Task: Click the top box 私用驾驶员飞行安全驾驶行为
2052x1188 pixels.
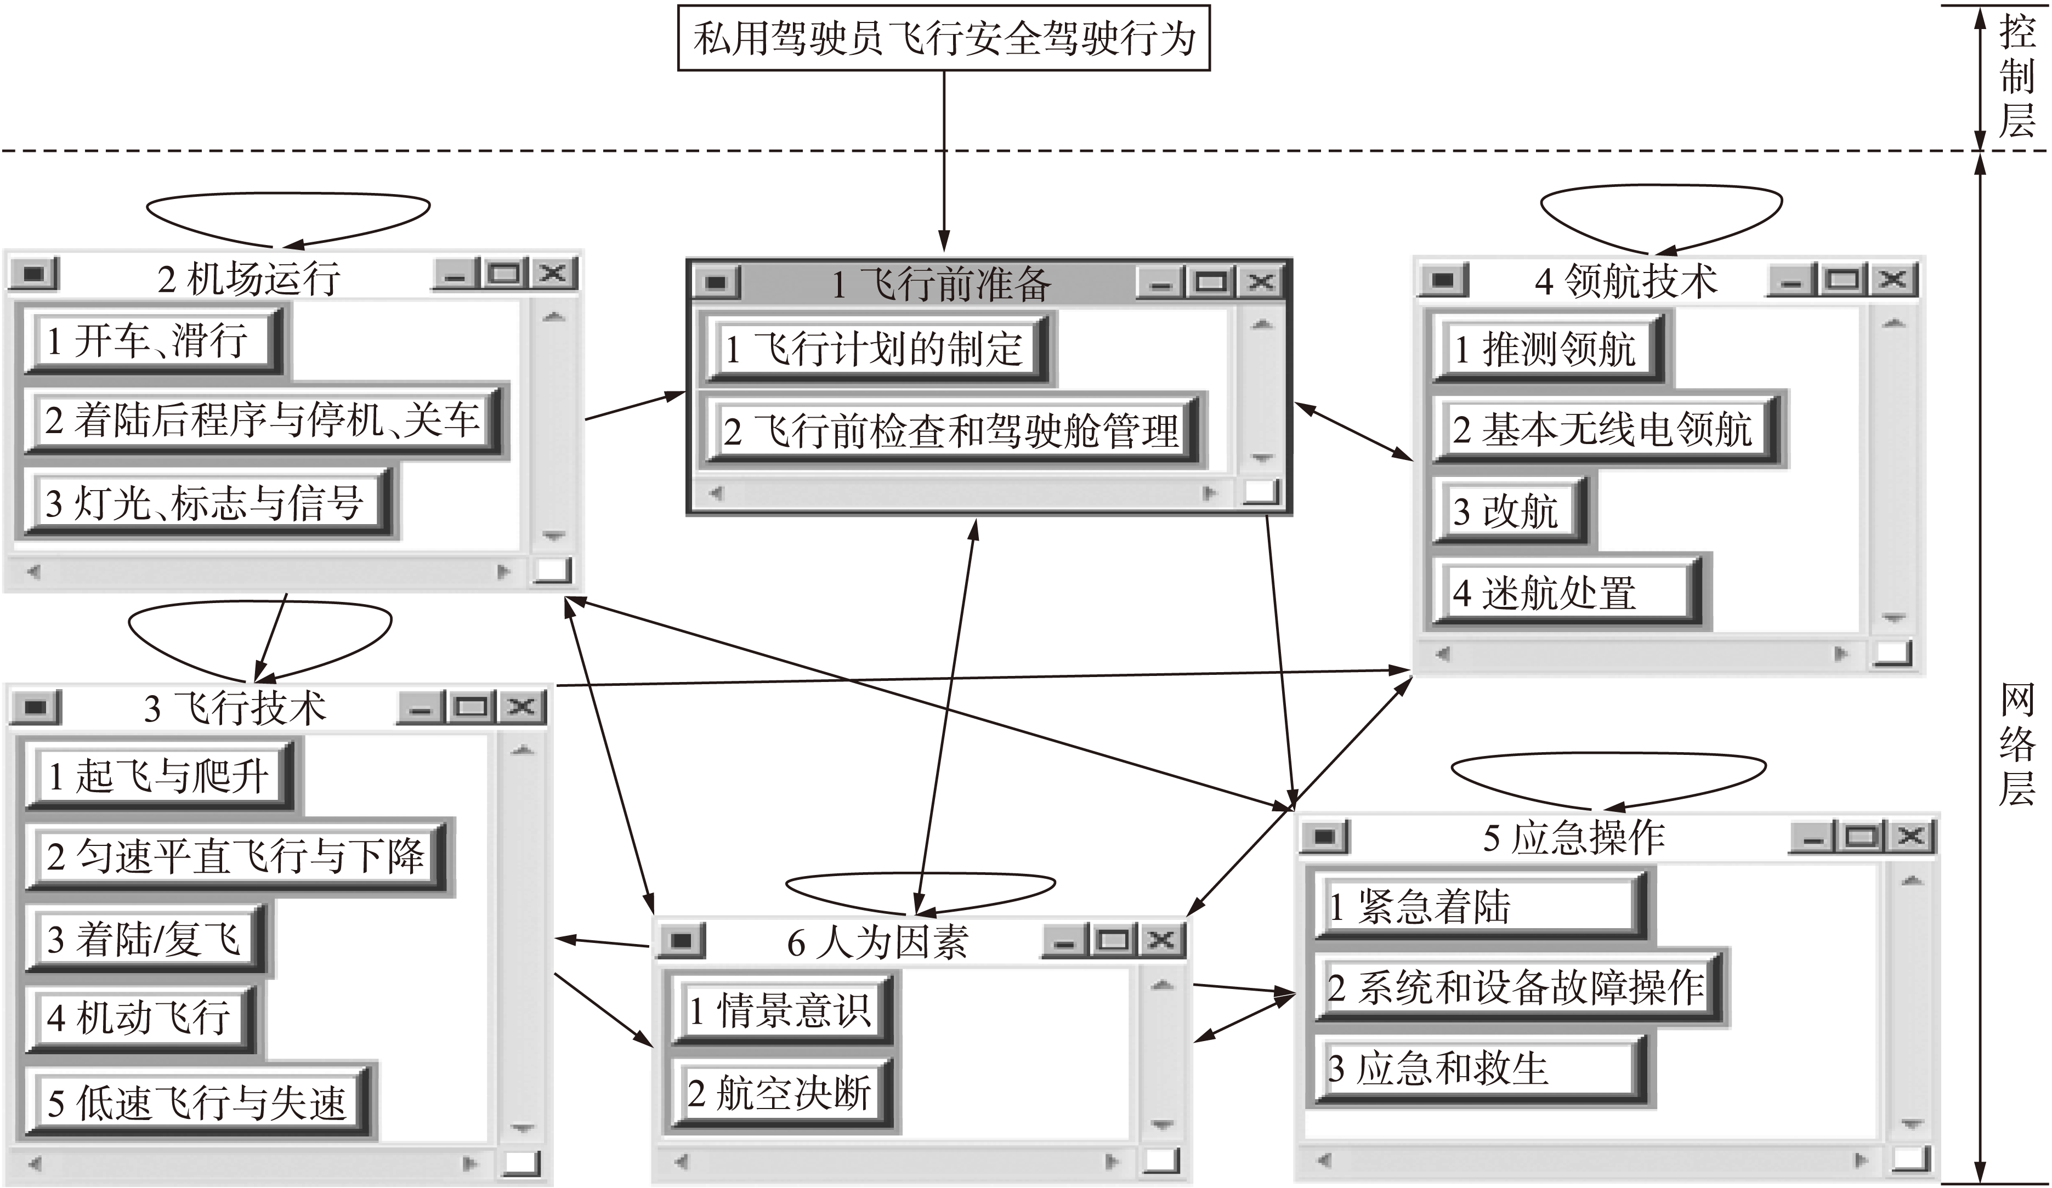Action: pyautogui.click(x=944, y=38)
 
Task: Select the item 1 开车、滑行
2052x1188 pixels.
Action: pyautogui.click(x=151, y=340)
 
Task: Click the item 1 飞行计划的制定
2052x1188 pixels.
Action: pyautogui.click(x=875, y=349)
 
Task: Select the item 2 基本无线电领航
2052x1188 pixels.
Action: pyautogui.click(x=1601, y=429)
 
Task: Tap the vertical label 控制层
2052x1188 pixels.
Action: pyautogui.click(x=2017, y=77)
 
